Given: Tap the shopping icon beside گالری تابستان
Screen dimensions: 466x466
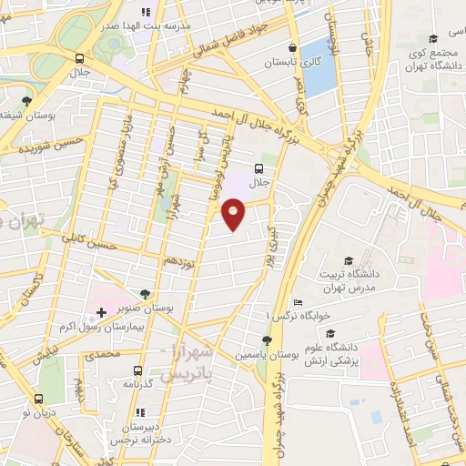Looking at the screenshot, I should (291, 48).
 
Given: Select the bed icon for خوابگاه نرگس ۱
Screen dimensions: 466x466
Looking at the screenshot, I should (297, 303).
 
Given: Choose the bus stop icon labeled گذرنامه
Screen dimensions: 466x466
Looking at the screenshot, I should (137, 370).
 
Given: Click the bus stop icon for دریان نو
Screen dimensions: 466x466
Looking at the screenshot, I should (38, 398).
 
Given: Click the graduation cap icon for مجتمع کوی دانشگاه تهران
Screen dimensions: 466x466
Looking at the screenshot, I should (432, 38).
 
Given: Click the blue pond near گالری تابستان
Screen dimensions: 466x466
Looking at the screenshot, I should (317, 69).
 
